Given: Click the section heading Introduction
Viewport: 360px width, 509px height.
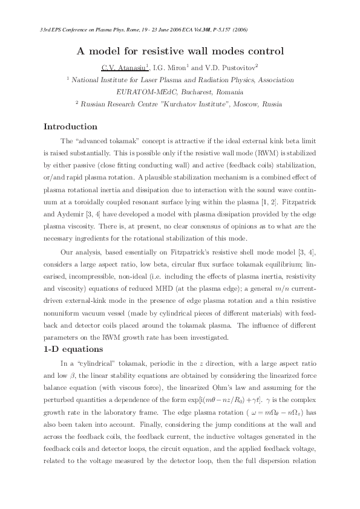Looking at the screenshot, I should click(70, 127).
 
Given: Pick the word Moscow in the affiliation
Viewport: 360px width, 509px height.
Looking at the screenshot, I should click(243, 104).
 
